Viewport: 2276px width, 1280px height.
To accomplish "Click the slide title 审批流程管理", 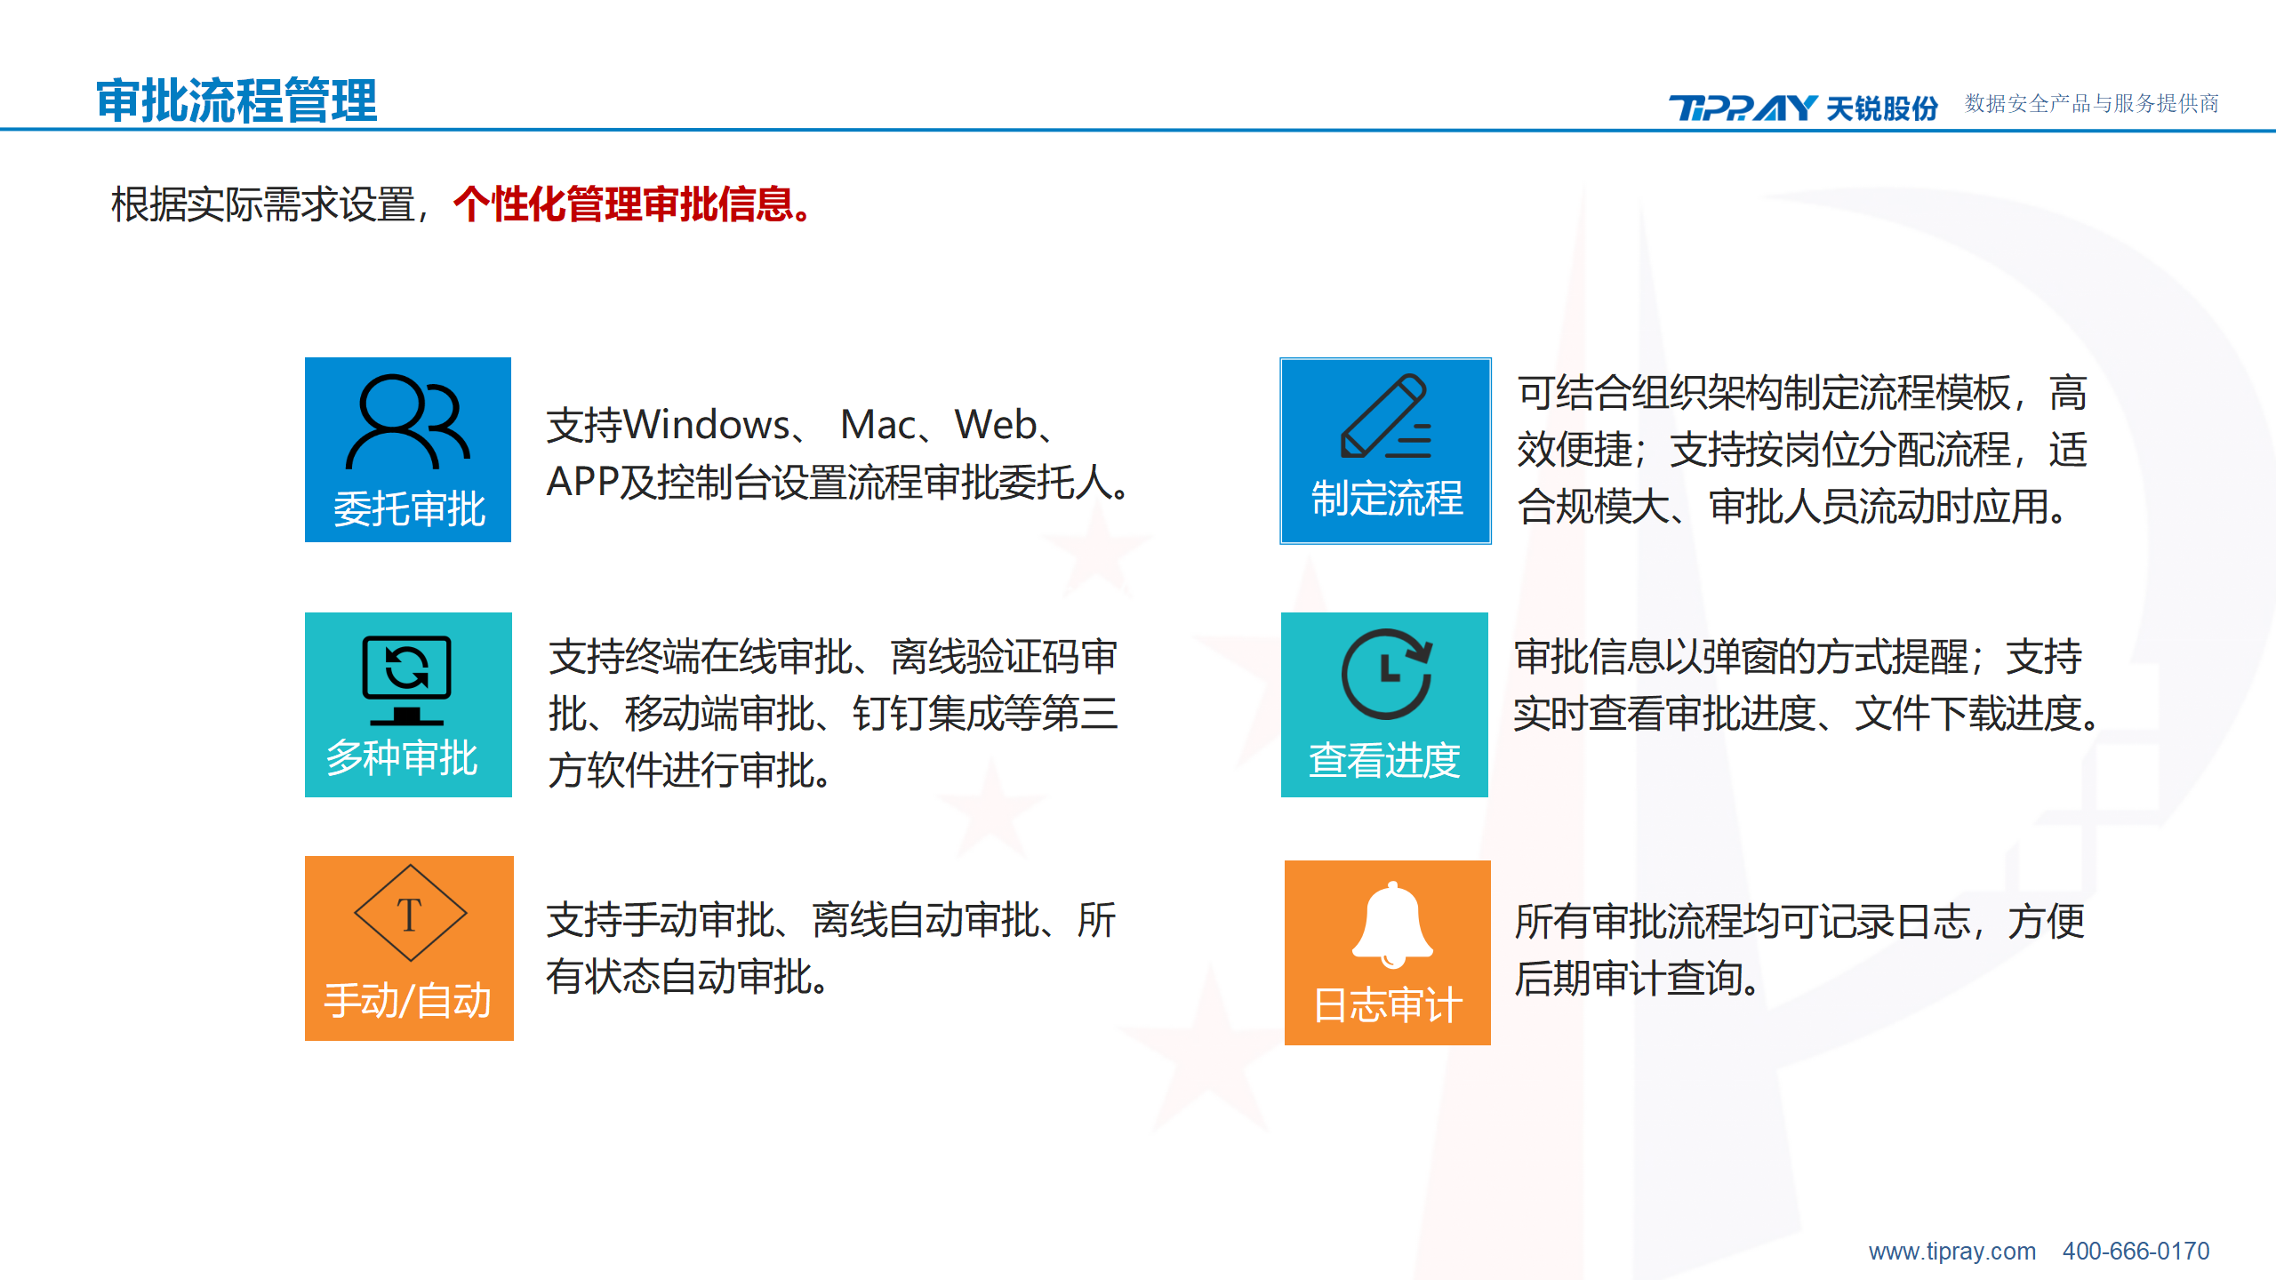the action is pos(236,100).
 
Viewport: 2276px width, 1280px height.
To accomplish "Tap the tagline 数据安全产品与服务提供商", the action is pos(2091,104).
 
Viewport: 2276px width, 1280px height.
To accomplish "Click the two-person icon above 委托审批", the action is pos(408,421).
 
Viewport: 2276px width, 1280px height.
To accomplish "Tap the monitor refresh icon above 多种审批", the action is pos(407,680).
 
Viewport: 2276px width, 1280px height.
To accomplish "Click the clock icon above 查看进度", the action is pos(1387,674).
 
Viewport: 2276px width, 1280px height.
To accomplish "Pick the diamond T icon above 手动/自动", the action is pos(410,913).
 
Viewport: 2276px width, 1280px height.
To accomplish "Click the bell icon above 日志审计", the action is pos(1392,924).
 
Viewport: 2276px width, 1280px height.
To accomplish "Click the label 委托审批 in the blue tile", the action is pos(409,509).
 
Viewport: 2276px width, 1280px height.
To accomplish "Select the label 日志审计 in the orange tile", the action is pos(1388,1005).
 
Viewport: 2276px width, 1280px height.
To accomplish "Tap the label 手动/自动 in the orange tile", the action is pos(408,1001).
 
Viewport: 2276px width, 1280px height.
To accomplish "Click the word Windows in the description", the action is pos(707,425).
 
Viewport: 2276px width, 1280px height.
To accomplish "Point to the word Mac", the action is pos(878,425).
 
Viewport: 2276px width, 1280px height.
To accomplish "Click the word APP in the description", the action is pos(582,482).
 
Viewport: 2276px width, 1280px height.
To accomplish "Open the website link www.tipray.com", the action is pos(1952,1252).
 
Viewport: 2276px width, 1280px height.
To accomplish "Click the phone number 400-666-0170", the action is pos(2136,1252).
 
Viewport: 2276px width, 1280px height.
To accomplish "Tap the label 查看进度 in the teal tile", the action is pos(1384,760).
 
